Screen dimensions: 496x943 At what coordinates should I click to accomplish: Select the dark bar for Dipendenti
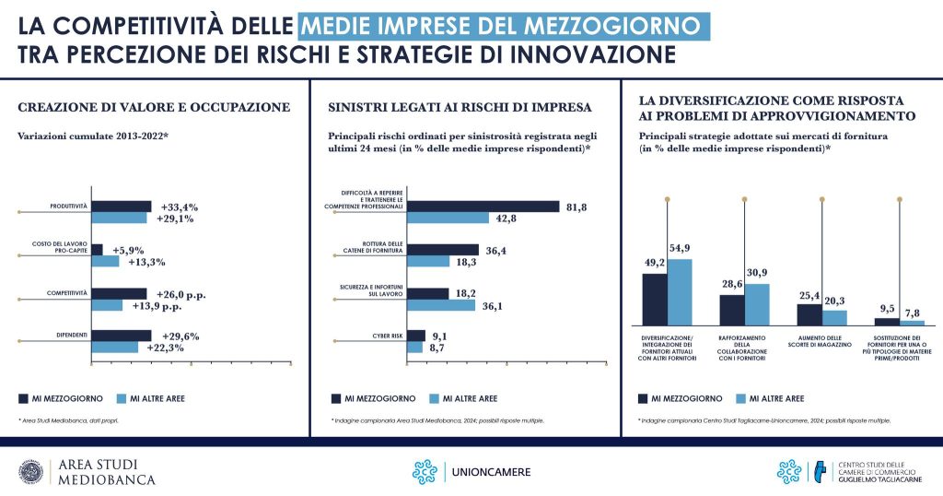point(121,336)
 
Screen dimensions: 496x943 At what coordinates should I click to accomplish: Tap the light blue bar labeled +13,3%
point(105,262)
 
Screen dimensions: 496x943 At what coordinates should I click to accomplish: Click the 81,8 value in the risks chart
point(576,207)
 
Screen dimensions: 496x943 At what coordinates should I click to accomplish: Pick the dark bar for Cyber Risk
point(415,336)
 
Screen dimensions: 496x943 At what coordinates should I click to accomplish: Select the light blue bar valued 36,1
point(440,305)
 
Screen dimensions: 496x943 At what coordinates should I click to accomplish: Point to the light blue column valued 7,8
point(912,323)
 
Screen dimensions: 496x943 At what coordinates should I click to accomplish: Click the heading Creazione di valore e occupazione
point(154,108)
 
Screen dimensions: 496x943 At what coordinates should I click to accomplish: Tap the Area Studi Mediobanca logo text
point(106,472)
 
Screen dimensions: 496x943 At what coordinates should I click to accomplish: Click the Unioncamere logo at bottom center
point(471,472)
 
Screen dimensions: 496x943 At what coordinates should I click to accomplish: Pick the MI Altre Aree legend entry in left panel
point(152,398)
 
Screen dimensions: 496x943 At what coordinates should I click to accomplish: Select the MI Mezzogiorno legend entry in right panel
point(680,398)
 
